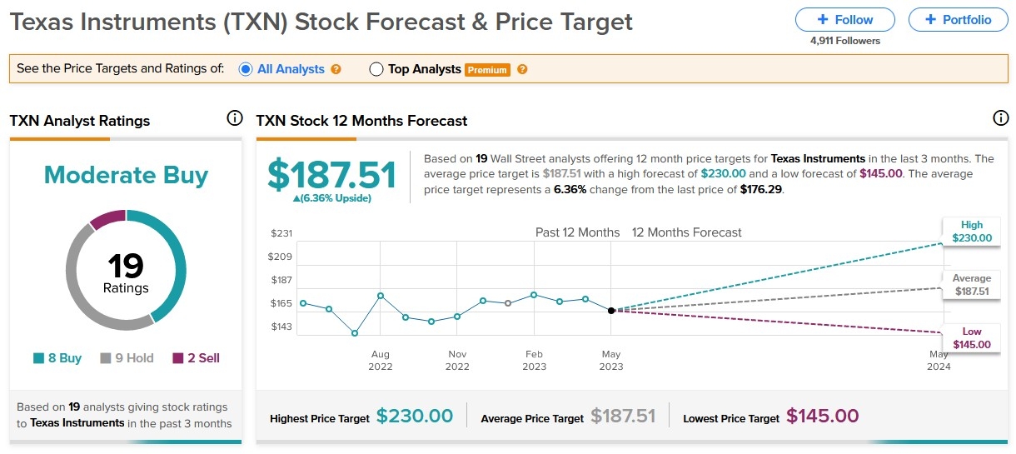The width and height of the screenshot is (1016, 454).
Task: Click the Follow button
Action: (844, 20)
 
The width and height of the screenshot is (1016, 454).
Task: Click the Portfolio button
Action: (957, 20)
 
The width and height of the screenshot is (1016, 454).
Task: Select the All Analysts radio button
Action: (246, 69)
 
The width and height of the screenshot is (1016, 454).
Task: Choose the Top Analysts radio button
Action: (376, 69)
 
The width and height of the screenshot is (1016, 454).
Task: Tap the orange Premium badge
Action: (487, 70)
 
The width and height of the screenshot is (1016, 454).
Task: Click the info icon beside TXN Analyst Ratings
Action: (235, 119)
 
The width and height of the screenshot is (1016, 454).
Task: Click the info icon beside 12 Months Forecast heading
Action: (1001, 119)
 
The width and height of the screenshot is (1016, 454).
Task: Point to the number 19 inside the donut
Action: (126, 267)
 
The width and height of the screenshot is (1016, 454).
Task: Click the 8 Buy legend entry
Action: (57, 358)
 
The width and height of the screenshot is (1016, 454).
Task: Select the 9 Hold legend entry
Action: (127, 358)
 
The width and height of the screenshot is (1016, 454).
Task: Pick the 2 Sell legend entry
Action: (197, 358)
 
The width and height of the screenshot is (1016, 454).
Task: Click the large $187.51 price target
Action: (331, 175)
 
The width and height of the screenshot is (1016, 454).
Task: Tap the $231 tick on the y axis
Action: (281, 233)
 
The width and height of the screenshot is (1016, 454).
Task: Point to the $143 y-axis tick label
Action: (281, 327)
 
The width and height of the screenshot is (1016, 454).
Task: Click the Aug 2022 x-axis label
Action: (381, 360)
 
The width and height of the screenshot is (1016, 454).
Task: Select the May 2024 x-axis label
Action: (939, 360)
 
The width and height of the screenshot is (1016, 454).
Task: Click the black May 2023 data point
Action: (611, 310)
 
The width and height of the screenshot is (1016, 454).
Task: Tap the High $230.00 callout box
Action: (971, 232)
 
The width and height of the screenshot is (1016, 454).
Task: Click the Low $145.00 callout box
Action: (971, 338)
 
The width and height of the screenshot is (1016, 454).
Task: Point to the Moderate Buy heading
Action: (126, 175)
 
